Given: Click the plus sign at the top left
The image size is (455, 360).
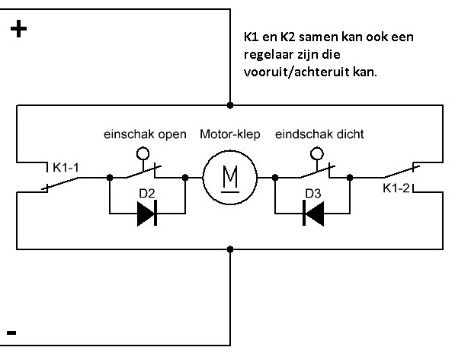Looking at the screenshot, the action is (x=18, y=29).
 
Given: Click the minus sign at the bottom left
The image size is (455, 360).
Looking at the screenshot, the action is (x=11, y=333).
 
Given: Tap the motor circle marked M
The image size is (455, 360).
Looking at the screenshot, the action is (x=230, y=178).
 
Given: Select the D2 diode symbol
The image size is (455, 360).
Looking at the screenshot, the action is (x=147, y=214).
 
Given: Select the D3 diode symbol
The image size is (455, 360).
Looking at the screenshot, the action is (x=313, y=214).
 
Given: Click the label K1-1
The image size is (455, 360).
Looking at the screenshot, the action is (x=66, y=168).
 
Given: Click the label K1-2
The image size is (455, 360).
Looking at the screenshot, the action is (x=396, y=188).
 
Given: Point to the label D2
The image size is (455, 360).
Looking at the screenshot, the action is (x=147, y=194).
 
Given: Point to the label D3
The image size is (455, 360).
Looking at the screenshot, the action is (x=313, y=194).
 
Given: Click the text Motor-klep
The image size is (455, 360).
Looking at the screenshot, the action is (x=230, y=134).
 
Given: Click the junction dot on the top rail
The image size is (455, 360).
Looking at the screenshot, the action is (x=230, y=105).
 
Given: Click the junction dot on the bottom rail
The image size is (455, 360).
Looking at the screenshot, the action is (x=230, y=249).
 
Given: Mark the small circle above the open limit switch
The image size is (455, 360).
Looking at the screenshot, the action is (x=143, y=153).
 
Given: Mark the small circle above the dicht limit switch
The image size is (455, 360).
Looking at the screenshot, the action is (x=317, y=153).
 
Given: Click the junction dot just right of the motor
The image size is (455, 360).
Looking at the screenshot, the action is (x=275, y=178).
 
